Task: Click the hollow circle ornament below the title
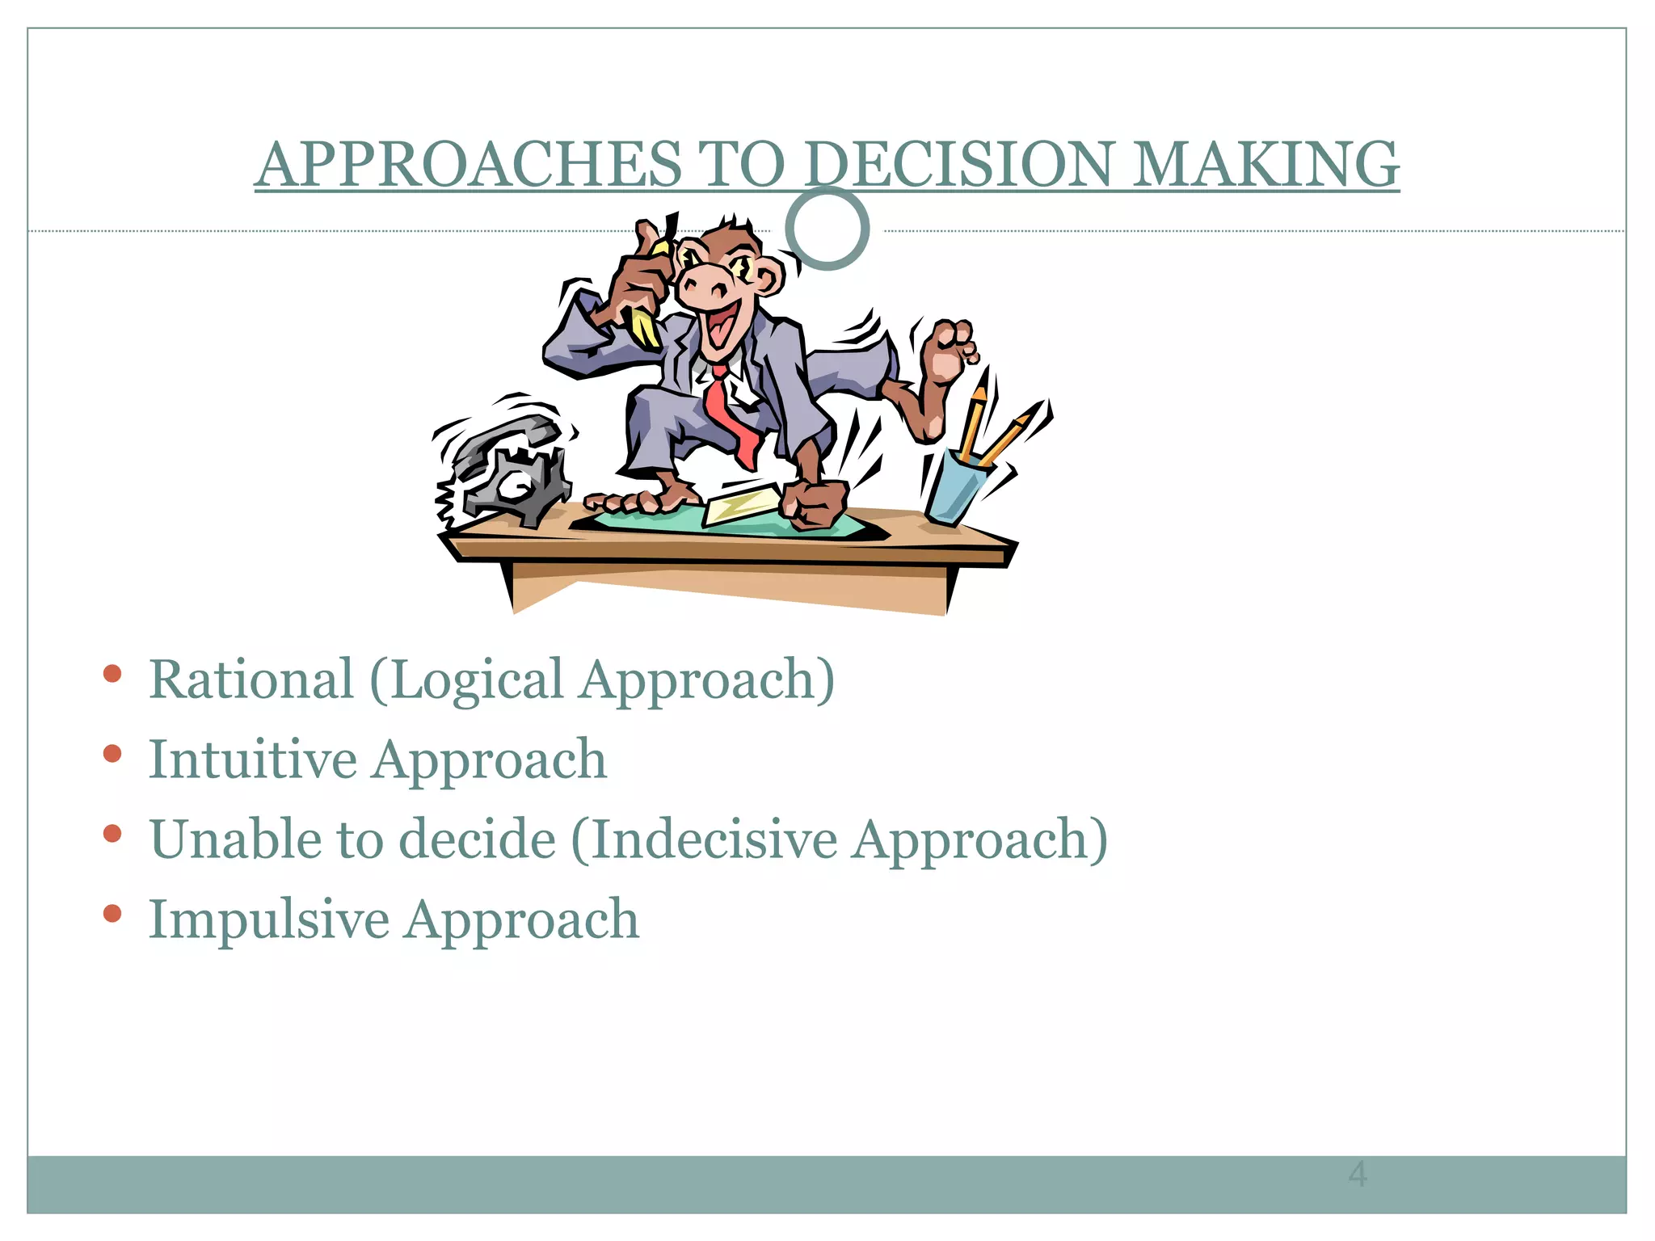827,229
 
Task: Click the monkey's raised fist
950,351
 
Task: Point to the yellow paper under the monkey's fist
739,505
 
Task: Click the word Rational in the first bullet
251,679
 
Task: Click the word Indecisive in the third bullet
714,839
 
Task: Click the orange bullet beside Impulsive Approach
112,914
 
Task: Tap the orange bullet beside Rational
112,674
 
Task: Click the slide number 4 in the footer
1358,1174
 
